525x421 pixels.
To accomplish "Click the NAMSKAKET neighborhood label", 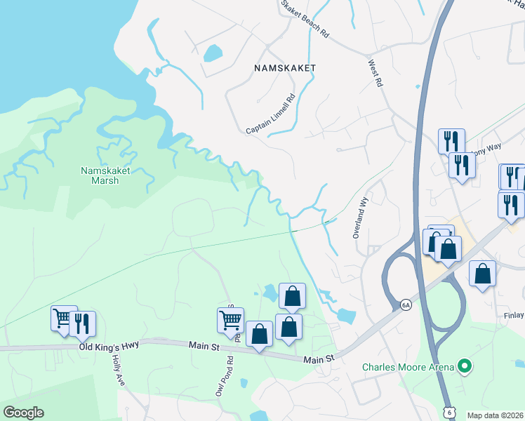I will [x=286, y=68].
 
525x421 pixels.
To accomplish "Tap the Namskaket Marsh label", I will [x=100, y=175].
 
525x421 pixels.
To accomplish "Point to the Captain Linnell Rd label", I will [x=271, y=115].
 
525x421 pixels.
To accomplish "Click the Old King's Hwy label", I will [x=109, y=345].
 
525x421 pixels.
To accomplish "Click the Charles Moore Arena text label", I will [x=408, y=367].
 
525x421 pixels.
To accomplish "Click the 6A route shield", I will [x=405, y=305].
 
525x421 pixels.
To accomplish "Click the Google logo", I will [x=23, y=413].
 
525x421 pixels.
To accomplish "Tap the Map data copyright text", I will [x=496, y=415].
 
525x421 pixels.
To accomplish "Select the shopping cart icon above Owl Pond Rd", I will [x=230, y=321].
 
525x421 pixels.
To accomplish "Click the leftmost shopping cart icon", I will [x=63, y=318].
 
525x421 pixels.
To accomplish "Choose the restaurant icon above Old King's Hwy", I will [x=84, y=323].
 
